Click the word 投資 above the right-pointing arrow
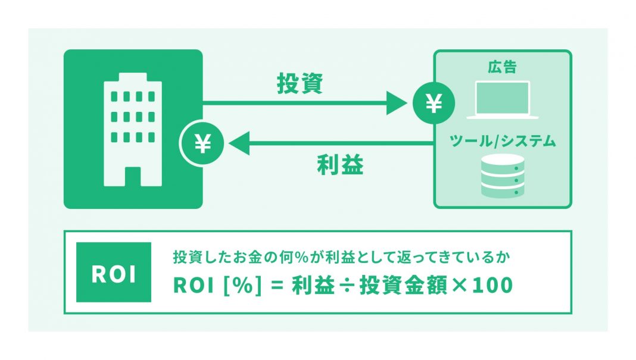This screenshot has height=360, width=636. [300, 84]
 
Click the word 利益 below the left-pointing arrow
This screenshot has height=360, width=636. [339, 165]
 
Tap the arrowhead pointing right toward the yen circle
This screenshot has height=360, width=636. [397, 104]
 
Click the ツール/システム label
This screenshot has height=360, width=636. [503, 141]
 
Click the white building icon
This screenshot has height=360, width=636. [133, 129]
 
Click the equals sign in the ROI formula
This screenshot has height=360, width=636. [275, 286]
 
